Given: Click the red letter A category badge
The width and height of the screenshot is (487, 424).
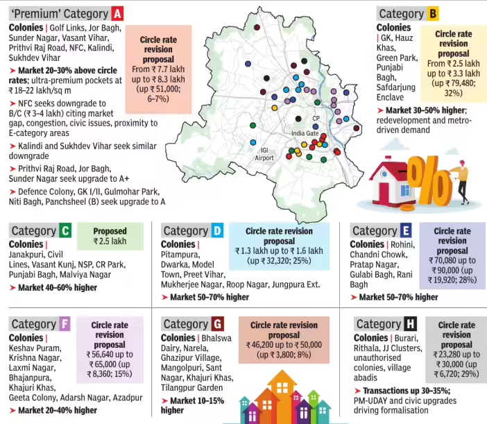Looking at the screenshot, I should click(118, 13).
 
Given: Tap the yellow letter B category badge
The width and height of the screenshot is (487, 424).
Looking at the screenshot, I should click(433, 13).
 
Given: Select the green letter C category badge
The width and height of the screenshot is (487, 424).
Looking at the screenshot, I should click(65, 231).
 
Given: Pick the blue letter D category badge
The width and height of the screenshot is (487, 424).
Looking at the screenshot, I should click(217, 231).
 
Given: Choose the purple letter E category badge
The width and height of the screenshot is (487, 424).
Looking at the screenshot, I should click(406, 231).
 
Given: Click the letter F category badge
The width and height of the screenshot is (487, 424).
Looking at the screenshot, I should click(65, 324).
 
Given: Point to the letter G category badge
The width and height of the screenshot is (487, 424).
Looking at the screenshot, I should click(218, 324).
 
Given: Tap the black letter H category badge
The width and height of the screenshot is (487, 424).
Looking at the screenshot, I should click(411, 324).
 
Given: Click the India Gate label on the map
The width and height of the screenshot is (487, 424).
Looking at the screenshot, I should click(305, 133).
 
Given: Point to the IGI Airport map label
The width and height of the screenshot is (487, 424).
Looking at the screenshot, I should click(264, 153).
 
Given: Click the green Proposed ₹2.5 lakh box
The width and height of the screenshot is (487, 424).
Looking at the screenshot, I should click(110, 236).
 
